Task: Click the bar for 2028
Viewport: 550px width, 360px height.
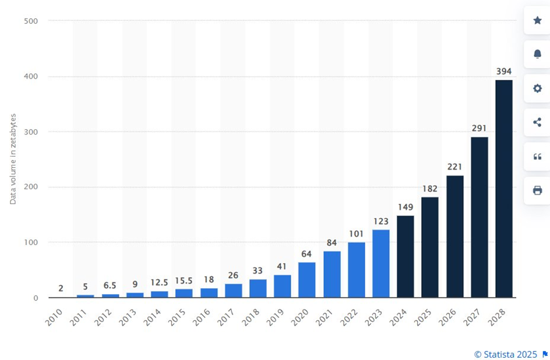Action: [x=504, y=189]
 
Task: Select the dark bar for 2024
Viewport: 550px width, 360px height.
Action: [x=406, y=256]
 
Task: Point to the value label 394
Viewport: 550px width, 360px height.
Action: [x=504, y=71]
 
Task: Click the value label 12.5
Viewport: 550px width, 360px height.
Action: [x=159, y=283]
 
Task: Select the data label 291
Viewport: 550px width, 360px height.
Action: [x=480, y=128]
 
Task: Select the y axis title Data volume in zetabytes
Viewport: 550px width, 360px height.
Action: [x=13, y=158]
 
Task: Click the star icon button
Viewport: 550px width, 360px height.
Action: [x=537, y=20]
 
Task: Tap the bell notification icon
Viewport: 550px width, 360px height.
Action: [x=537, y=54]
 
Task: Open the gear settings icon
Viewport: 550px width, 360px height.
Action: [x=537, y=89]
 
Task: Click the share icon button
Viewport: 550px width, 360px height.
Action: [x=537, y=122]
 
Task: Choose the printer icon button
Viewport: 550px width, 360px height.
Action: [x=537, y=190]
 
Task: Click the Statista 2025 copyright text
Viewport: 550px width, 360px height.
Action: [x=506, y=354]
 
